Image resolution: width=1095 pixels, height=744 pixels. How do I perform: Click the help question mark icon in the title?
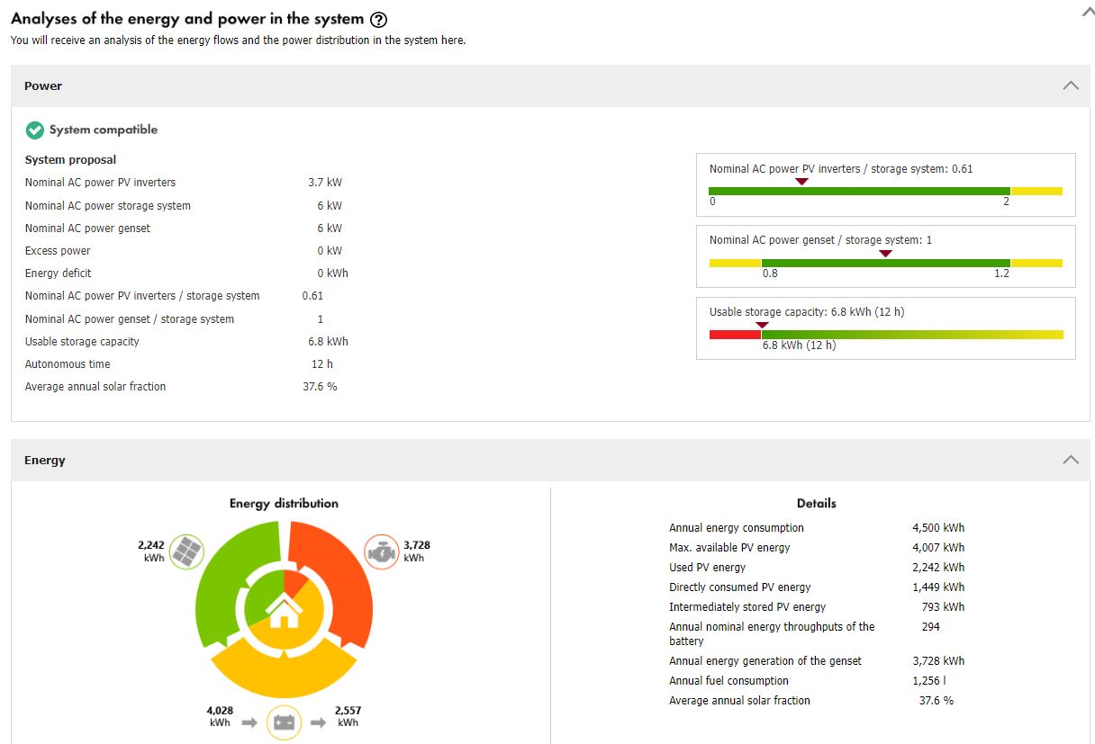pos(379,20)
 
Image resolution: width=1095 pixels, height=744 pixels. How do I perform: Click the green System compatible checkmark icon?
pos(35,130)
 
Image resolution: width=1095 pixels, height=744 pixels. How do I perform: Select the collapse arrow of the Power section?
pos(1070,85)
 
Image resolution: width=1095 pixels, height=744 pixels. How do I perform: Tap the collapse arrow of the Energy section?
pos(1070,460)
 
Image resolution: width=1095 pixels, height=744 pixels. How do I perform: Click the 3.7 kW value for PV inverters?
pos(325,183)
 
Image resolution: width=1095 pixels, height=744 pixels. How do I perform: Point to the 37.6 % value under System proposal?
pos(320,387)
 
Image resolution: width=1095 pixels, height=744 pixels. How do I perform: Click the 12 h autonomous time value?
pos(322,364)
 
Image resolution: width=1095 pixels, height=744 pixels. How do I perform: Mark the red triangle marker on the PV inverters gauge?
pos(801,182)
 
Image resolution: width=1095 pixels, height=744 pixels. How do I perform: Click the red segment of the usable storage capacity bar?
pos(735,335)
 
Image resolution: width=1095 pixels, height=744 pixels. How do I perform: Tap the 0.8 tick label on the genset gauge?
pos(770,273)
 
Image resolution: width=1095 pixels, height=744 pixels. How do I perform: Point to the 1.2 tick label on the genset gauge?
pos(1001,273)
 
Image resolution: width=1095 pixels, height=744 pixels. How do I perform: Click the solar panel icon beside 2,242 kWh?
pos(186,551)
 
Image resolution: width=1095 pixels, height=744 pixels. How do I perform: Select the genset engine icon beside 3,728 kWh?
pos(381,551)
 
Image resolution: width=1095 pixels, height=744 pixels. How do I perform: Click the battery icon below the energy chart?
pos(284,722)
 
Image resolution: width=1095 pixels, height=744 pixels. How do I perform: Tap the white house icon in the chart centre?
pos(284,613)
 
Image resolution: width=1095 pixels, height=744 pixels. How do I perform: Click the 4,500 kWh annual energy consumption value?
pos(938,528)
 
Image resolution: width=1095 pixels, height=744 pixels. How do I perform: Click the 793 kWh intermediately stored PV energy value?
pos(943,607)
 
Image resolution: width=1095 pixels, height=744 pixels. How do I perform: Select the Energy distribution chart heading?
pos(284,504)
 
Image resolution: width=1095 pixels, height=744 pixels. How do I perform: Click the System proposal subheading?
pos(70,160)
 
